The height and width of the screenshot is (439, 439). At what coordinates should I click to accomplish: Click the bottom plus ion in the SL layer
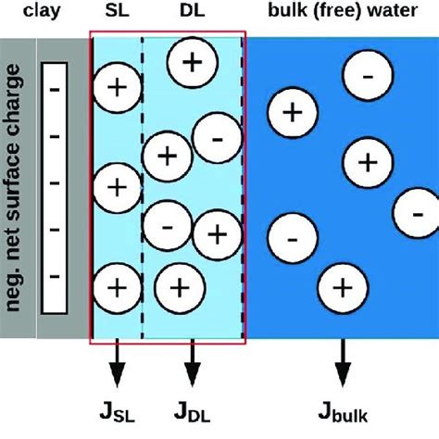(118, 285)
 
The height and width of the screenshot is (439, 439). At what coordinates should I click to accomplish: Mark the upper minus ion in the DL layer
(216, 138)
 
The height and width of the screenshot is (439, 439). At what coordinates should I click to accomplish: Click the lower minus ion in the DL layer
(167, 223)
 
